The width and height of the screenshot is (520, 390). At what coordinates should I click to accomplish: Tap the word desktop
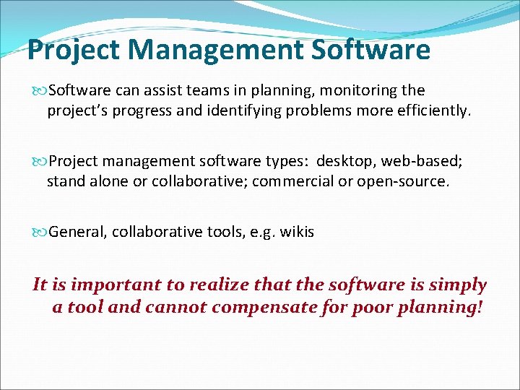click(344, 160)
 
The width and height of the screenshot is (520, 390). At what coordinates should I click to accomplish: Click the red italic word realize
click(215, 285)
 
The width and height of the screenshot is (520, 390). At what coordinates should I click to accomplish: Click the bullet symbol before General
click(40, 233)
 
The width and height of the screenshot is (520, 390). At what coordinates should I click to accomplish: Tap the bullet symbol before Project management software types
click(40, 160)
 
